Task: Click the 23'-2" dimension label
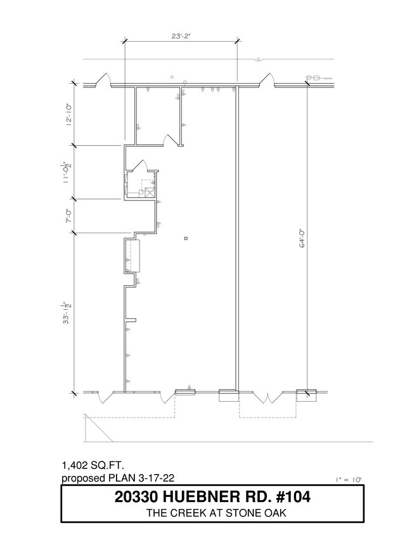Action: [x=181, y=35]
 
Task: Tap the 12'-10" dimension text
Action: [x=69, y=115]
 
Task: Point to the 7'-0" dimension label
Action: [x=69, y=216]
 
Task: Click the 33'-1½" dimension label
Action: [x=66, y=312]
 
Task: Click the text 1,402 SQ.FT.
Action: [x=93, y=465]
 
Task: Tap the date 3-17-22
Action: [x=157, y=478]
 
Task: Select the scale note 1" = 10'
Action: [x=349, y=480]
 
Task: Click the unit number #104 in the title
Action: [x=293, y=497]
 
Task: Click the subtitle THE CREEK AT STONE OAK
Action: [x=216, y=513]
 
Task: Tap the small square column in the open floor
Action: [x=186, y=238]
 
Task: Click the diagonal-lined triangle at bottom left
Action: [x=98, y=428]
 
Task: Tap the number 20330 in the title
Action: [x=136, y=497]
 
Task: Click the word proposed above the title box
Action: [x=83, y=478]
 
